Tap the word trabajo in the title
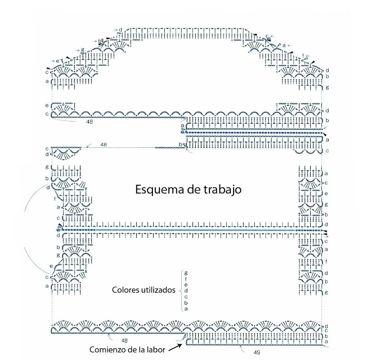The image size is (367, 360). click(219, 190)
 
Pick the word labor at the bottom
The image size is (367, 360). click(155, 349)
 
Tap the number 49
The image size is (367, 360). click(256, 351)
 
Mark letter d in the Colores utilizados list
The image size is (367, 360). click(186, 290)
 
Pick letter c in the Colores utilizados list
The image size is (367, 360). click(186, 296)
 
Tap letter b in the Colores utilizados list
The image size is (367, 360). click(186, 303)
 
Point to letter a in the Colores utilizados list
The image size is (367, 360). click(186, 309)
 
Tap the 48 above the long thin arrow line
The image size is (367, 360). click(104, 144)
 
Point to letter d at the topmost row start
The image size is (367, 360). click(121, 30)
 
